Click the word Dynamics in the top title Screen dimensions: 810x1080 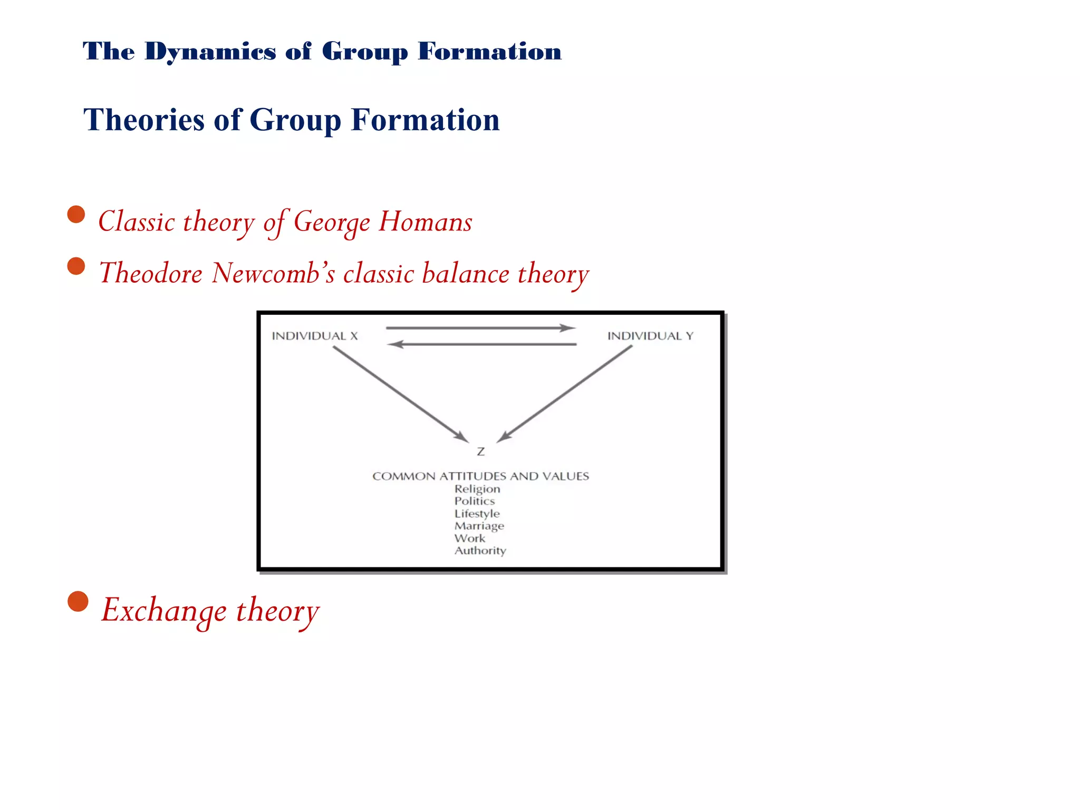pyautogui.click(x=210, y=52)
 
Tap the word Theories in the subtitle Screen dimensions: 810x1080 pyautogui.click(x=143, y=120)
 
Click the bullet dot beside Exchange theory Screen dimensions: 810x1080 pyautogui.click(x=78, y=601)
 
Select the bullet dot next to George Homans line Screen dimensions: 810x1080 pyautogui.click(x=76, y=215)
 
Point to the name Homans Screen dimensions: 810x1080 pyautogui.click(x=425, y=221)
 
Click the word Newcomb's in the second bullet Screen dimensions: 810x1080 pyautogui.click(x=273, y=273)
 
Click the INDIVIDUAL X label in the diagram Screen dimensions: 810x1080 pyautogui.click(x=315, y=336)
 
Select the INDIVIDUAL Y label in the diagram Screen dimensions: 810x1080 pyautogui.click(x=650, y=336)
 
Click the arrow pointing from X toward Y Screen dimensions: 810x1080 pyautogui.click(x=480, y=328)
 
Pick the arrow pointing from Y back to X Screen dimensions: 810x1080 pyautogui.click(x=482, y=344)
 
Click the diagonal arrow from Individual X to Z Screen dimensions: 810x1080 pyautogui.click(x=401, y=394)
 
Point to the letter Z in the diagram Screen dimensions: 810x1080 pyautogui.click(x=480, y=452)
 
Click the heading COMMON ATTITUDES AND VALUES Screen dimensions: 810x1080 pyautogui.click(x=480, y=476)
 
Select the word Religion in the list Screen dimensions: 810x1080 pyautogui.click(x=477, y=489)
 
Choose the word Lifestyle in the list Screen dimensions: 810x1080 pyautogui.click(x=477, y=514)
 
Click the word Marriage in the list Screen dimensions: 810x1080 pyautogui.click(x=479, y=526)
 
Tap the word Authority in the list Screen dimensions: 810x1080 pyautogui.click(x=480, y=551)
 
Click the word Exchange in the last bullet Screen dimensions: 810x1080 pyautogui.click(x=164, y=610)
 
